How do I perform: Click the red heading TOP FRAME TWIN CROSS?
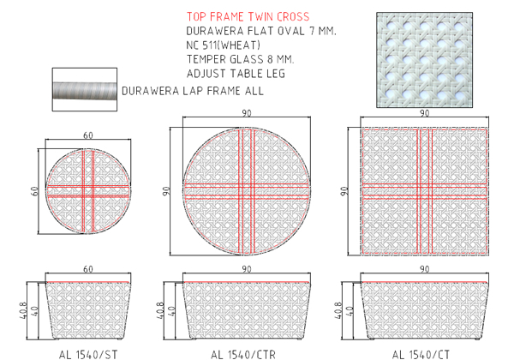point(248,17)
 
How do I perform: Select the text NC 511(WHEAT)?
point(224,45)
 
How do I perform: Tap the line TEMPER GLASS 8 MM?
point(240,59)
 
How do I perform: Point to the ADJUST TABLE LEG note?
point(236,74)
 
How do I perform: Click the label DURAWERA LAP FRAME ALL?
point(193,91)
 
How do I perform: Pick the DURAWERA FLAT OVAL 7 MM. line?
point(261,31)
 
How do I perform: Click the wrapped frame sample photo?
point(85,89)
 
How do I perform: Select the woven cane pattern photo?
point(425,60)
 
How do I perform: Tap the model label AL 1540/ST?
point(88,354)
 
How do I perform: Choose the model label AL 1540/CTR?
point(243,354)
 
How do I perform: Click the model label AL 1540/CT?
point(421,354)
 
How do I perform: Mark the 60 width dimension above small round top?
point(88,135)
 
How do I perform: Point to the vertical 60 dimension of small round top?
point(35,191)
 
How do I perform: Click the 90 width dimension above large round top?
point(247,113)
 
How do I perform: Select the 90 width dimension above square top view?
point(425,113)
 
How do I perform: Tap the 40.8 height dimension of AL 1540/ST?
point(22,310)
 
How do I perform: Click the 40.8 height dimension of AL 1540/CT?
point(338,310)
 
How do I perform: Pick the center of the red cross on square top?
point(425,191)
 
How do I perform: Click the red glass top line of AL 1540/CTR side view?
point(246,282)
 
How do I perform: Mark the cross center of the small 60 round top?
point(88,191)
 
